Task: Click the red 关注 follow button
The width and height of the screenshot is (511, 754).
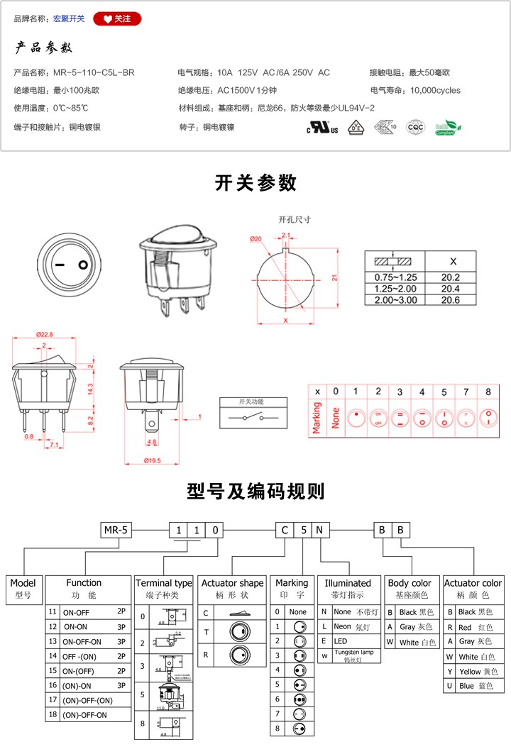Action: (x=117, y=18)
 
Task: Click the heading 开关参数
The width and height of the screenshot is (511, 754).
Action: (x=255, y=183)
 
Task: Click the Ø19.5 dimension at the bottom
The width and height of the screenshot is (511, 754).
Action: (x=153, y=460)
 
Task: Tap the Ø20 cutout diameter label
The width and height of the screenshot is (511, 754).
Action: (x=256, y=238)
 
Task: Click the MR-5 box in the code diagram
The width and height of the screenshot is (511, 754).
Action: (x=116, y=530)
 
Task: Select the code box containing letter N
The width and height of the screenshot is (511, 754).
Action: (x=320, y=530)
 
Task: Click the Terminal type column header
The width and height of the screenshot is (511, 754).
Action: (x=164, y=582)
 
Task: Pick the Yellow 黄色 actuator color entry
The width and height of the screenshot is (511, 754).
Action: (x=473, y=671)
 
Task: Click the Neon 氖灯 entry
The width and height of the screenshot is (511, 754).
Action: (x=347, y=626)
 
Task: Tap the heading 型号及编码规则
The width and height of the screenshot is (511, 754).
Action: (x=255, y=491)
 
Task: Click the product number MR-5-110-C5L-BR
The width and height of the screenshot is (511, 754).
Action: (x=94, y=72)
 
